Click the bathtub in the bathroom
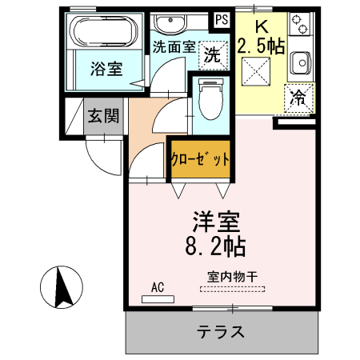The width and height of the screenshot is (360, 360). (103, 33)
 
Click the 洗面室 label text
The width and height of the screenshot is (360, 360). (174, 46)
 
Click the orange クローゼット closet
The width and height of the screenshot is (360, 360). (201, 158)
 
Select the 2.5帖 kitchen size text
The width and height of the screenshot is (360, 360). (261, 47)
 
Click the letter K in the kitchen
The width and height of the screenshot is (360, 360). (261, 26)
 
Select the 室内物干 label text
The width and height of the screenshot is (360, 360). (232, 278)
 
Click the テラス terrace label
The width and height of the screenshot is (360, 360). (221, 331)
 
